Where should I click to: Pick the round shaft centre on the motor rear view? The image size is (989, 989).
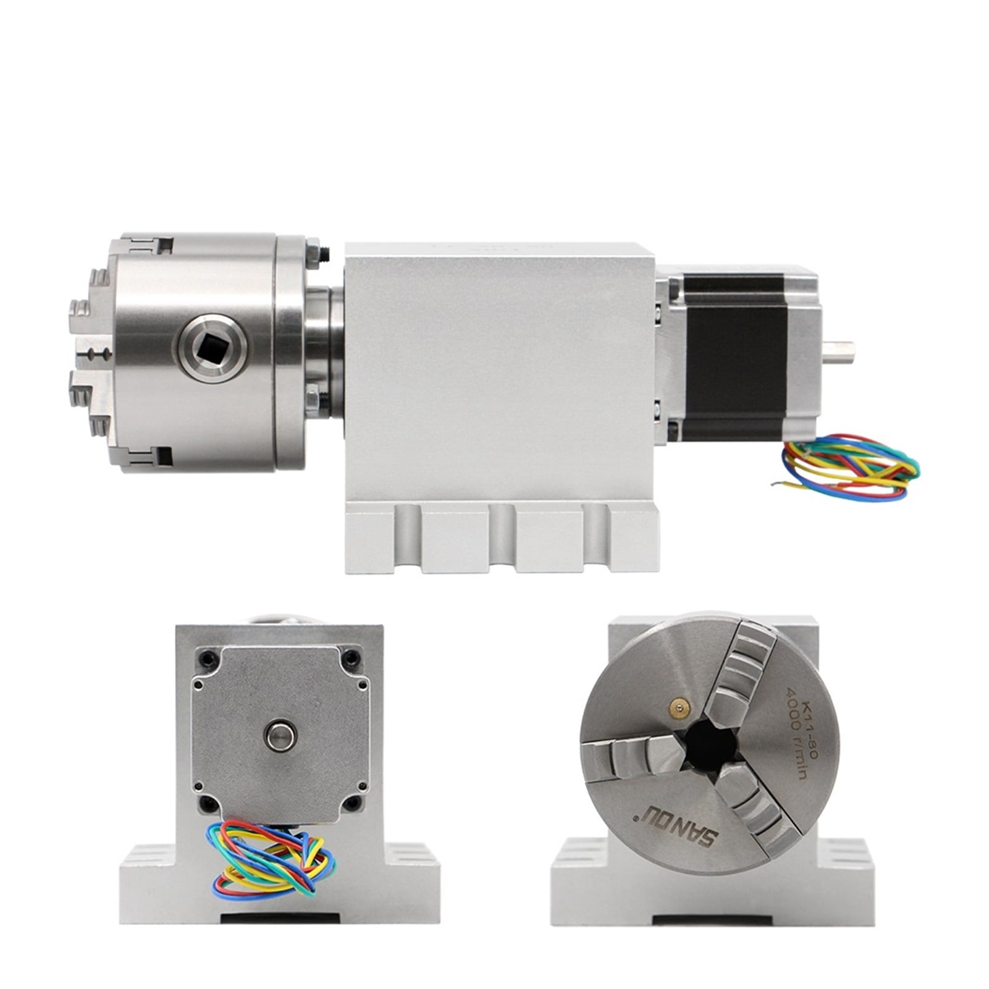[280, 734]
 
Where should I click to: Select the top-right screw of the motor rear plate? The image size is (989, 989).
[352, 657]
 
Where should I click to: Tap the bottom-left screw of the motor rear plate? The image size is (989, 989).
[206, 803]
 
